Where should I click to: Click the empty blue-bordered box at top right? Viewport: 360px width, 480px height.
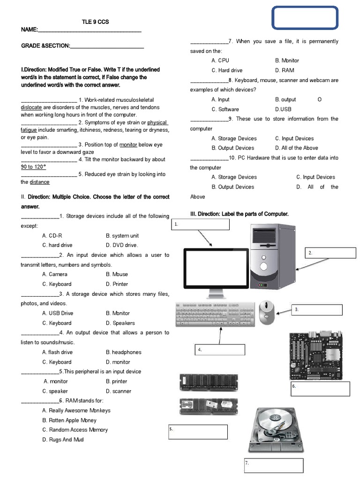point(305,18)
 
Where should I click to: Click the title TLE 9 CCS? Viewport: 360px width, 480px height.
point(96,22)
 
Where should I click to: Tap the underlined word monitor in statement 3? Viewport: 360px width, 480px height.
point(128,145)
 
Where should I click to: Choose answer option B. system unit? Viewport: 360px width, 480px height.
point(122,235)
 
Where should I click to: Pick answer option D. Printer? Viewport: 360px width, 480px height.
point(117,284)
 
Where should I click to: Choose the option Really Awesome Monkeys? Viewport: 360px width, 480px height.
point(76,411)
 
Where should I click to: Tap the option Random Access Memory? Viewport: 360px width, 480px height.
point(75,430)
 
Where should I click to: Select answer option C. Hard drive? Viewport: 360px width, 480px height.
point(227,70)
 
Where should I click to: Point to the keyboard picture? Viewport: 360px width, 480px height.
point(216,314)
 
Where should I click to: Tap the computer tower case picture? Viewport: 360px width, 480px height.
point(273,255)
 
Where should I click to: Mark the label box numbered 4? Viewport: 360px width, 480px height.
point(220,350)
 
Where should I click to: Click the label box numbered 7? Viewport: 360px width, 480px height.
point(274,465)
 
